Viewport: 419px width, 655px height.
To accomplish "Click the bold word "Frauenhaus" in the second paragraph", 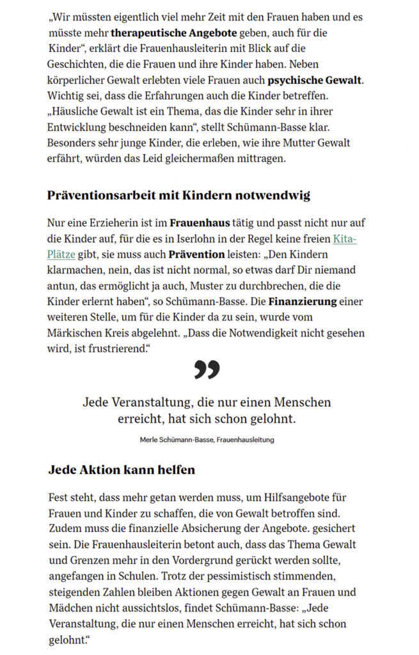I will coord(200,223).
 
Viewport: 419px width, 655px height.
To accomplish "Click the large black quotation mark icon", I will coord(207,370).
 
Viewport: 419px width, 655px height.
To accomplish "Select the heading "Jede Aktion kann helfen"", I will coord(122,470).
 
